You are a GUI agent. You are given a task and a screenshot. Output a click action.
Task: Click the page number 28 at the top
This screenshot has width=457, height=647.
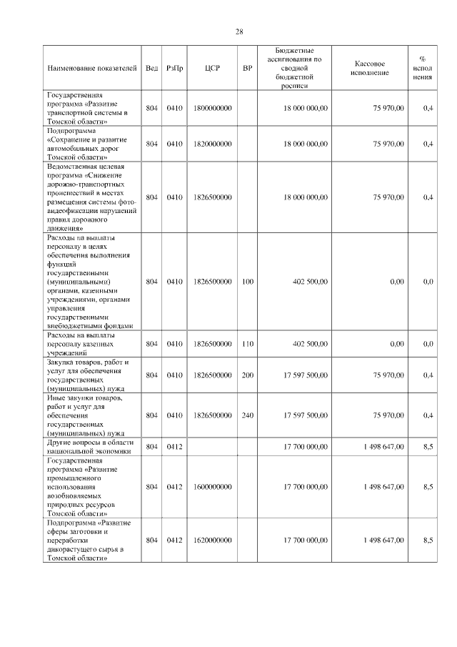coord(239,31)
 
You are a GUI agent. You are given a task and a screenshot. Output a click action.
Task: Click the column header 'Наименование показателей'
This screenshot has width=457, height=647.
coord(91,68)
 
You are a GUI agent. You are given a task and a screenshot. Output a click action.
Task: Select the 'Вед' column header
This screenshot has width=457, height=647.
coord(151,68)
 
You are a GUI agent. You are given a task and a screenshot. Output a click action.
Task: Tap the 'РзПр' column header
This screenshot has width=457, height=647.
coord(175,68)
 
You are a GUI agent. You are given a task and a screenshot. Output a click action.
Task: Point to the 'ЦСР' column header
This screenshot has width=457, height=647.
coord(212,68)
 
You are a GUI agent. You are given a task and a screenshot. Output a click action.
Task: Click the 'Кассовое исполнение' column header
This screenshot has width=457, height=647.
coord(370,68)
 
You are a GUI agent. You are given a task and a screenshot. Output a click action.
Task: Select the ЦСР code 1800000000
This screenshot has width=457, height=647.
coord(212,108)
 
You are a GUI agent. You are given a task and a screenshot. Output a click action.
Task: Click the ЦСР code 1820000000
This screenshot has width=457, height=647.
coord(212,144)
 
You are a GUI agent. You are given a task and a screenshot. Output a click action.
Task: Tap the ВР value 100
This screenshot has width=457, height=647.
coord(248,282)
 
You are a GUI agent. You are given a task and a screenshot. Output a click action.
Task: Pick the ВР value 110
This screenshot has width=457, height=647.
coord(248,344)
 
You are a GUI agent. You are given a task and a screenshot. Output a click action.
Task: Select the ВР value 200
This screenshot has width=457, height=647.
coord(248,375)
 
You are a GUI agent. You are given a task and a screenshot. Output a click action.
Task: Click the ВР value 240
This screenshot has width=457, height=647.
coord(248,415)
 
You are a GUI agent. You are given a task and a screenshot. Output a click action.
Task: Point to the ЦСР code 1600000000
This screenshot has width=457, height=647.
coord(212,487)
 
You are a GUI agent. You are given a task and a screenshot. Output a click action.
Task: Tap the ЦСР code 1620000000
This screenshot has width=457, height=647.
coord(212,540)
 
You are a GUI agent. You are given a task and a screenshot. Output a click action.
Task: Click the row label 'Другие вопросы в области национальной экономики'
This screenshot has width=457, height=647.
coord(89,447)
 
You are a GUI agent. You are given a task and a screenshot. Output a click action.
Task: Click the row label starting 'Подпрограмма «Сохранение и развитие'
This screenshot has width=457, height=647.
coord(89,144)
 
